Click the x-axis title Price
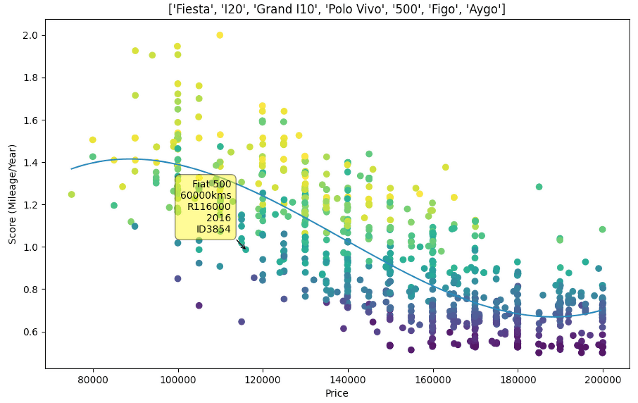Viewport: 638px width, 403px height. click(x=337, y=393)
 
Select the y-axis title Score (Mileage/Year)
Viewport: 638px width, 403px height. click(x=12, y=194)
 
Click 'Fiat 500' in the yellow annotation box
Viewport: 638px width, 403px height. click(x=211, y=184)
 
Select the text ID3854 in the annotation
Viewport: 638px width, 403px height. click(x=213, y=229)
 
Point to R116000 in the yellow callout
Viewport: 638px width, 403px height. click(x=209, y=207)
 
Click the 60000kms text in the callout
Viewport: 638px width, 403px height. click(x=206, y=196)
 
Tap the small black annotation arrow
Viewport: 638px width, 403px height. click(x=241, y=244)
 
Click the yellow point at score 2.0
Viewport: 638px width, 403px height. click(x=220, y=35)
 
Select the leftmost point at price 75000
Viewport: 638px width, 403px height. click(x=72, y=195)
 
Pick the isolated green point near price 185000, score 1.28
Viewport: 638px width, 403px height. click(x=539, y=187)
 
